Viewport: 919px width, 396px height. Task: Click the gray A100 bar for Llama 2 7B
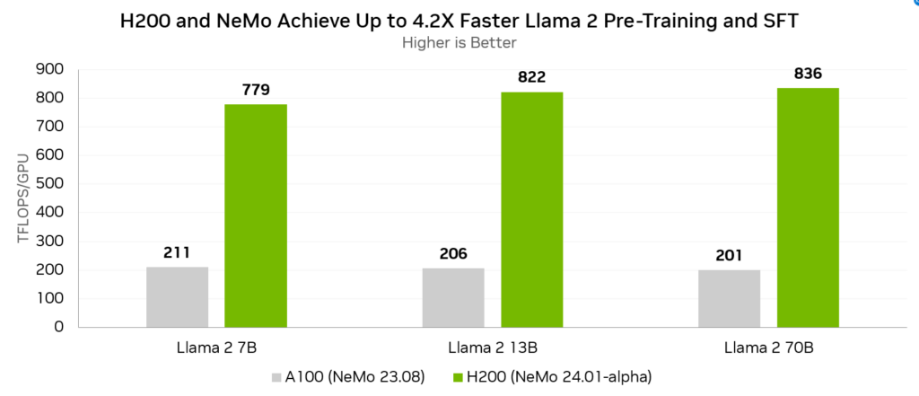177,296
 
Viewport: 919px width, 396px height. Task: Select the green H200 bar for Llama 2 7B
256,216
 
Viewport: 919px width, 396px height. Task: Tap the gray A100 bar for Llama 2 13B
453,297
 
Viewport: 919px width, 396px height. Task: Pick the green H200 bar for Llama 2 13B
532,209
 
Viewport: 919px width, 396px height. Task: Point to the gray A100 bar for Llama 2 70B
729,298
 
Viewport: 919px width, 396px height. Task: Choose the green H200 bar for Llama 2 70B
808,207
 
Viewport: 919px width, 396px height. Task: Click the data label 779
256,90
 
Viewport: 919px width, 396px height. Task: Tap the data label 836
808,74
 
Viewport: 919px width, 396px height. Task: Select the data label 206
453,253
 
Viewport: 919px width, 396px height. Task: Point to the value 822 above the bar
532,77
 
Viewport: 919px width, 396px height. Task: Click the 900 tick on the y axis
51,69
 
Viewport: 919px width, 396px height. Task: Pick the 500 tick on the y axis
51,184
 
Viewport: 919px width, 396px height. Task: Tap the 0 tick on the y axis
58,327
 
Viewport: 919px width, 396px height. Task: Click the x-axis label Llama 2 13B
492,348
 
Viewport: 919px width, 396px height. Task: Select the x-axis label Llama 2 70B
768,348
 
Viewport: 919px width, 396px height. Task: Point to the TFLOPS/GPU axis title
24,198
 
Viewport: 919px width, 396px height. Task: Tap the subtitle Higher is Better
459,42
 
